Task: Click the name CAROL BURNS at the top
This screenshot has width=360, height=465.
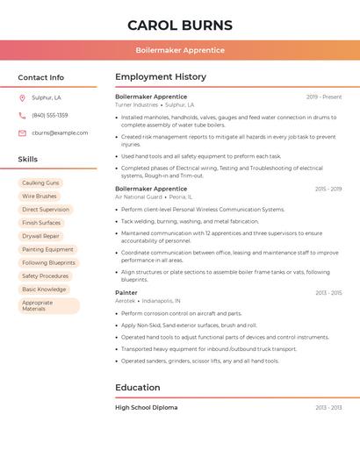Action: (180, 25)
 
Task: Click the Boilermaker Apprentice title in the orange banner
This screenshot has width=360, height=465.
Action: (180, 50)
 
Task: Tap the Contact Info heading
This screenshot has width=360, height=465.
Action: (41, 77)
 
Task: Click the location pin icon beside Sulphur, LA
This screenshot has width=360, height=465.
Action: (22, 97)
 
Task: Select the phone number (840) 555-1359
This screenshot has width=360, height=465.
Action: (50, 115)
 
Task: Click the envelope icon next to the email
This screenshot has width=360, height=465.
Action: (22, 132)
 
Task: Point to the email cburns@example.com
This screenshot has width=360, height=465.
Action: (60, 132)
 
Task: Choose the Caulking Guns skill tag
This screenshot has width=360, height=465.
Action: (41, 182)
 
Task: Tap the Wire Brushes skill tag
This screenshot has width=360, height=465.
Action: (40, 196)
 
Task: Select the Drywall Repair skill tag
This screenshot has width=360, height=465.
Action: (41, 236)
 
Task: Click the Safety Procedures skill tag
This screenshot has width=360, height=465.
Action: (46, 275)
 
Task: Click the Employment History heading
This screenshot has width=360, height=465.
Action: (161, 77)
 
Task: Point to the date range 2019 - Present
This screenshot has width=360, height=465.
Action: (324, 97)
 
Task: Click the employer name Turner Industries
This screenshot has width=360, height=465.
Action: (136, 104)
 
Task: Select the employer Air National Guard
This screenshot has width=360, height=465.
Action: (139, 197)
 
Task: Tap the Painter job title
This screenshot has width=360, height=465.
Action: (126, 292)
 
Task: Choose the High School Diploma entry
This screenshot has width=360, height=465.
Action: (146, 407)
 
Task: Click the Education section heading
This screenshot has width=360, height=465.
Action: (138, 388)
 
